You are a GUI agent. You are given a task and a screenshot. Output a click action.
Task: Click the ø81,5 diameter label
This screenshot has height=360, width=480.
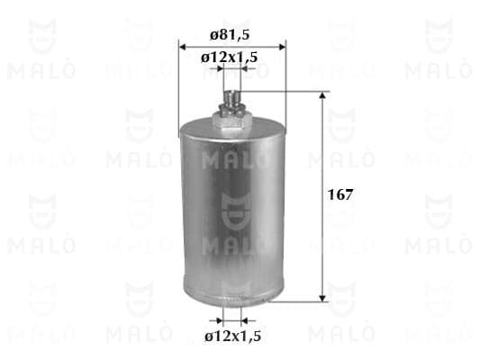coord(230,34)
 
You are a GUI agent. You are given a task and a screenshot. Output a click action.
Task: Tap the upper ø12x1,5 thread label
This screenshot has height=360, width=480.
coord(229,58)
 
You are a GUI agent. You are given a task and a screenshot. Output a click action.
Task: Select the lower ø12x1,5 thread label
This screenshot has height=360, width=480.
coord(232,336)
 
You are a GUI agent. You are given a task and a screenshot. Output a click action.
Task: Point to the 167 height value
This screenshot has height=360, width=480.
coord(340,194)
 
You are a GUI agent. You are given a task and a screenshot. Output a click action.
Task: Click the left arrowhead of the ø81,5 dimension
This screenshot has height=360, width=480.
coord(183,47)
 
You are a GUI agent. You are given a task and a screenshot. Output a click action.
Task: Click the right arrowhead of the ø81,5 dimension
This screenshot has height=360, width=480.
coord(282,47)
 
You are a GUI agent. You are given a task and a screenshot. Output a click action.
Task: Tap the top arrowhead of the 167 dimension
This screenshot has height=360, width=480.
coord(322,95)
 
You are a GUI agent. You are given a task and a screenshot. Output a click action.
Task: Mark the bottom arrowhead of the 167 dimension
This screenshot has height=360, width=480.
coord(322,298)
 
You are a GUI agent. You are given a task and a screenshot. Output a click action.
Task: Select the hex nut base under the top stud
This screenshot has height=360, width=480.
coord(232,120)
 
